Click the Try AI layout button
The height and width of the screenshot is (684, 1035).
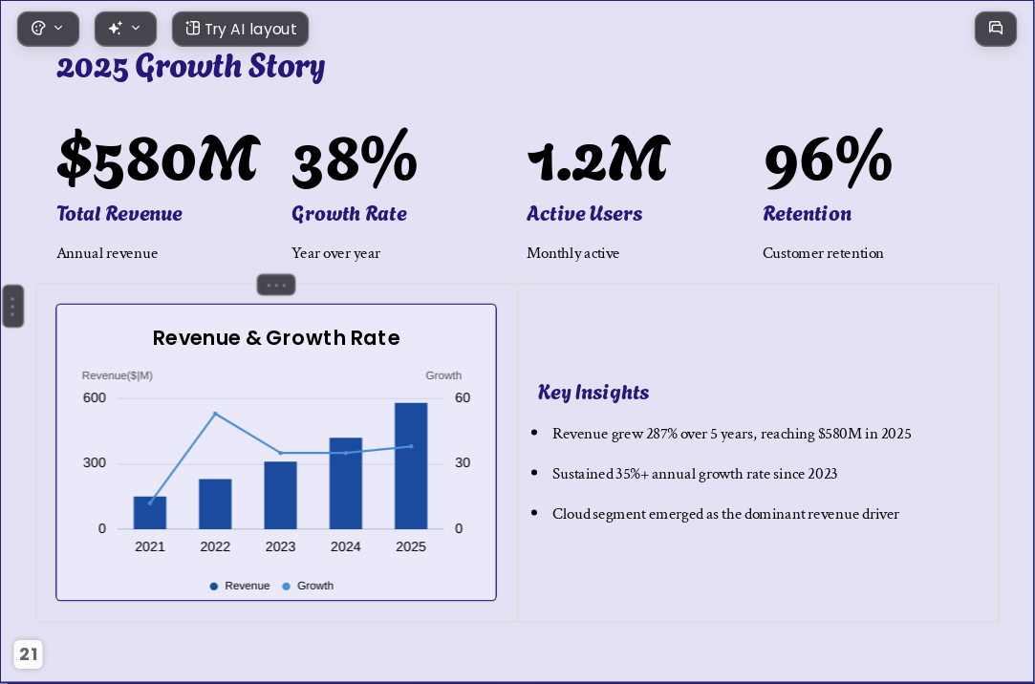pos(240,29)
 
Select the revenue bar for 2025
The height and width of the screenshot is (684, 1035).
pos(411,465)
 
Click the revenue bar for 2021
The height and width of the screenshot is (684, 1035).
pos(150,512)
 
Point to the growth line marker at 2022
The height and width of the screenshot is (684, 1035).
pos(215,414)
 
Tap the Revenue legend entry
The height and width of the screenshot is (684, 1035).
pos(240,586)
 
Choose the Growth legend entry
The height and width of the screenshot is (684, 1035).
pos(308,586)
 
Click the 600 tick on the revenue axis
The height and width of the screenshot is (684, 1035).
pos(95,397)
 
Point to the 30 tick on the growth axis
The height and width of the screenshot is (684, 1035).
pos(462,463)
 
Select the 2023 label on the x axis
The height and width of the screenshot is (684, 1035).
pos(281,546)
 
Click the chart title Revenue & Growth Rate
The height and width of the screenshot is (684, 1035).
pos(276,338)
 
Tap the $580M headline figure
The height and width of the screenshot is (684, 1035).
pos(159,159)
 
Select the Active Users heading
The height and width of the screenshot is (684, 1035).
pos(584,214)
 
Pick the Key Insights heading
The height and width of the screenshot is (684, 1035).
pos(593,393)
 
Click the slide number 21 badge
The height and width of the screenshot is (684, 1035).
pos(29,654)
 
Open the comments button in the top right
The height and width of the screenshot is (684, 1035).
pos(996,29)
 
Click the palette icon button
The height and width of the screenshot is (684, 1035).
pos(48,29)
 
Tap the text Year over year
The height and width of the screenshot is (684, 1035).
pos(336,253)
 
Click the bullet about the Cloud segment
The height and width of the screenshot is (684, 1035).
pos(725,514)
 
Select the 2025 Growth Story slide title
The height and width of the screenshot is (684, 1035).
pos(191,67)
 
